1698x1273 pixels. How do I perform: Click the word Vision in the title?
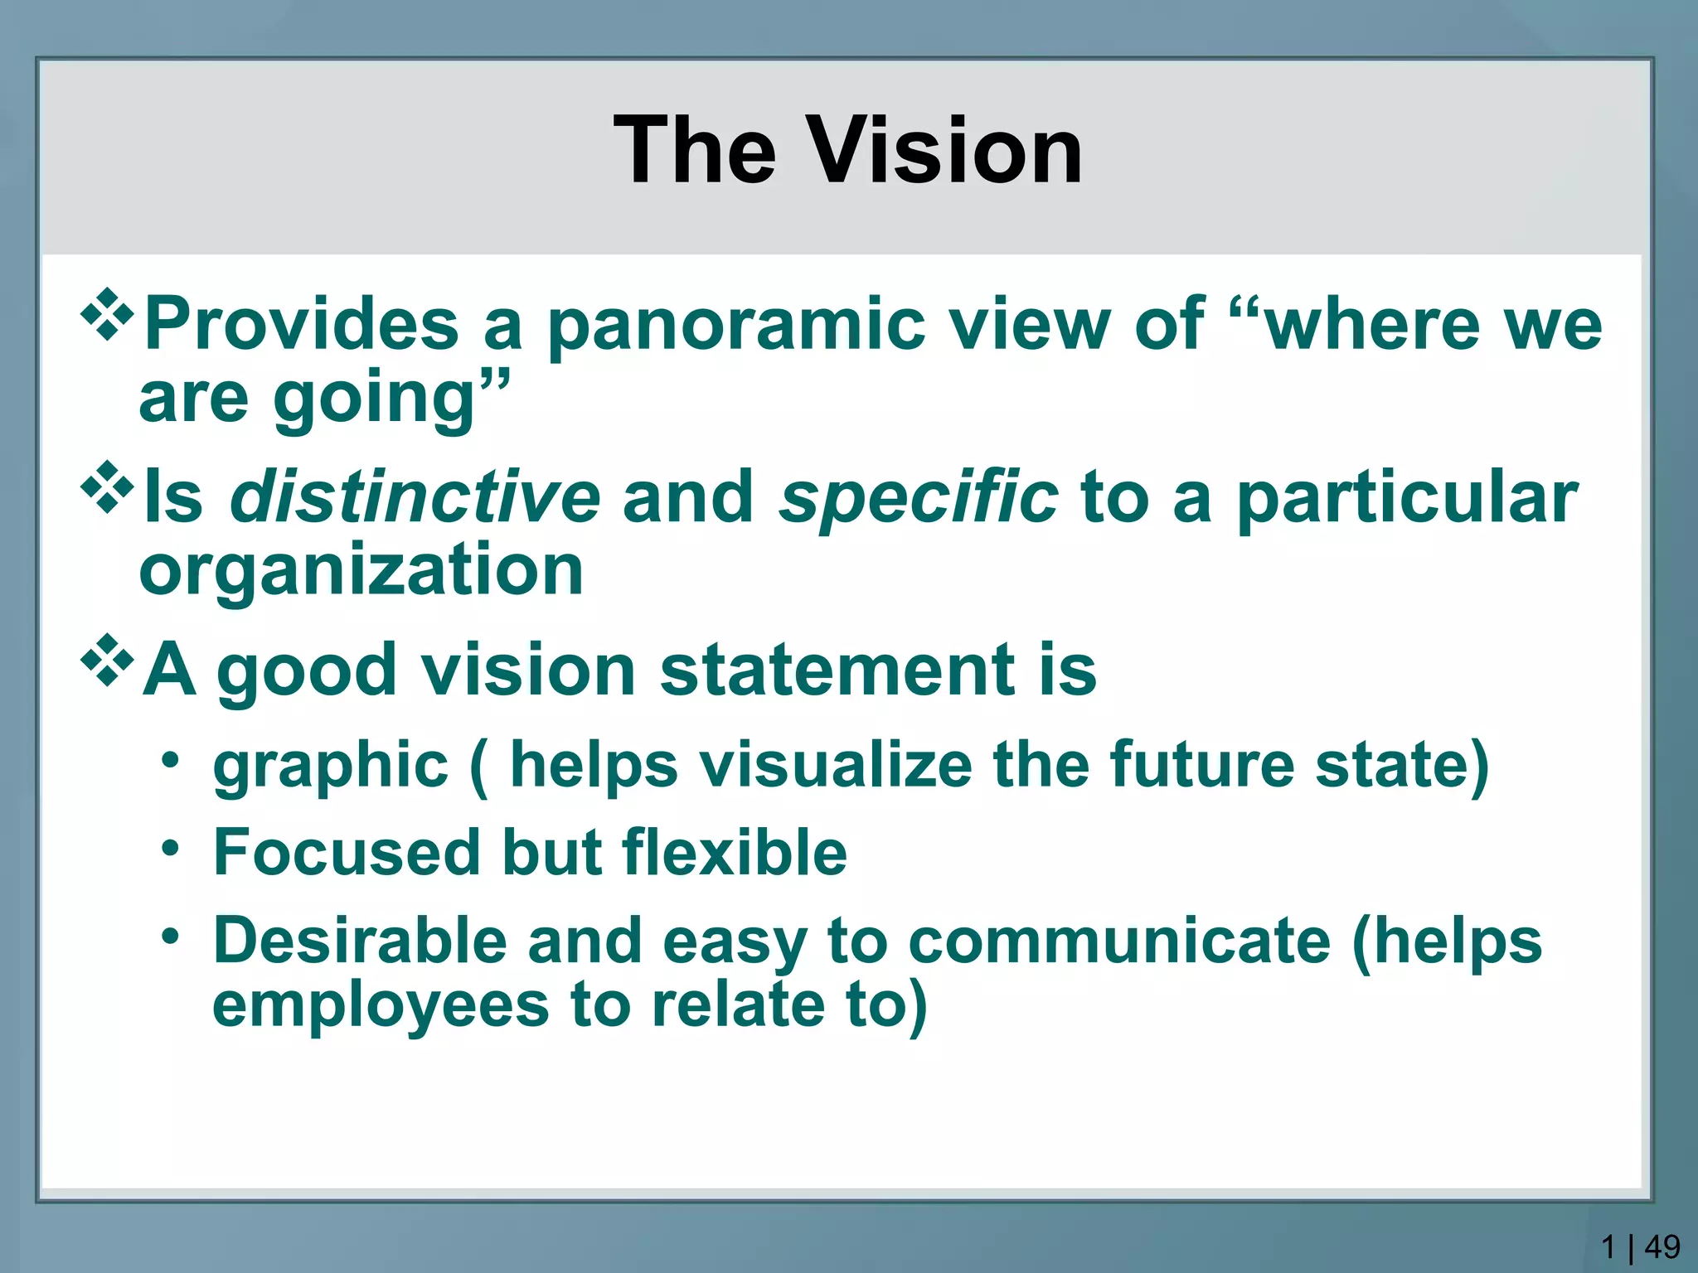tap(944, 151)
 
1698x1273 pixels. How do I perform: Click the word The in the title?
tap(695, 151)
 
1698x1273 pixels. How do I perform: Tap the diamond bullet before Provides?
tap(108, 314)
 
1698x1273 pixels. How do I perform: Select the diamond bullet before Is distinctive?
tap(108, 488)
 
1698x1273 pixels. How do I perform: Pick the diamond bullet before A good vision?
tap(108, 661)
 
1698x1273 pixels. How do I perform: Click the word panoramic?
tap(735, 326)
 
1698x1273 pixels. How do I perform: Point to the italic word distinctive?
tap(415, 497)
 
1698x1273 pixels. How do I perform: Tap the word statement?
tap(837, 670)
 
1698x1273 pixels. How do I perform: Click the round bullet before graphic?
tap(171, 758)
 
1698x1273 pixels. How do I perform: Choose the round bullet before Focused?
tap(171, 848)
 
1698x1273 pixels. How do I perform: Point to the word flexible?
tap(734, 852)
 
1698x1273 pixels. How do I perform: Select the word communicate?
tap(1119, 942)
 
